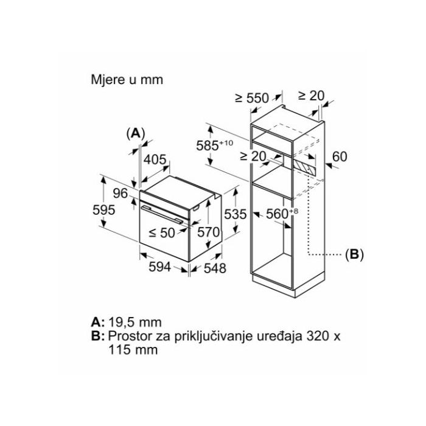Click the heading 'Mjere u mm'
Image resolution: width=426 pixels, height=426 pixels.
pos(127,80)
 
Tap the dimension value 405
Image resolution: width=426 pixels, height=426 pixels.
pos(155,160)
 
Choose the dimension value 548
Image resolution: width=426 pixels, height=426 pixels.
pos(214,268)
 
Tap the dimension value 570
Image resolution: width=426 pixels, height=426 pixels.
pos(208,232)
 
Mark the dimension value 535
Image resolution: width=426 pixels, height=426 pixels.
pos(235,214)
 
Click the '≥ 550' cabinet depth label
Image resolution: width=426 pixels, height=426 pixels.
pos(251,99)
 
